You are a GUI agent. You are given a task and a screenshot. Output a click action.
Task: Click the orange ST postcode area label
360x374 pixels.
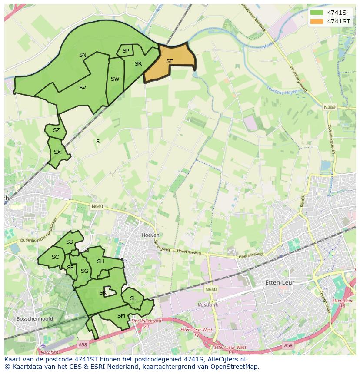(169, 61)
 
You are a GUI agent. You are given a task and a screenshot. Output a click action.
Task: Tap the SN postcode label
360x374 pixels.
(83, 55)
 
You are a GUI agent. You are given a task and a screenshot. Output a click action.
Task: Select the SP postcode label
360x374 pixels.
(126, 51)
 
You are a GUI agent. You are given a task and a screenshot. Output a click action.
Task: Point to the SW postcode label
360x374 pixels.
(115, 79)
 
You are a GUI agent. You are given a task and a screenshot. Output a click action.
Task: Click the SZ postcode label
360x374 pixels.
(57, 130)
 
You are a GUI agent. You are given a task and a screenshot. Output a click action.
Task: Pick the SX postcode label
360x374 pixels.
(57, 152)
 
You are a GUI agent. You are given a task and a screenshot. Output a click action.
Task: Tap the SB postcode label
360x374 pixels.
(70, 242)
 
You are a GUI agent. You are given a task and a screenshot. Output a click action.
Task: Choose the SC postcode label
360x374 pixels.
(55, 257)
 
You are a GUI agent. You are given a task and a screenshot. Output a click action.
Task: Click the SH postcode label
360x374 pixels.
(100, 261)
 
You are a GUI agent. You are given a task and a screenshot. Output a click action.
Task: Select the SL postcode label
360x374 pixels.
(133, 298)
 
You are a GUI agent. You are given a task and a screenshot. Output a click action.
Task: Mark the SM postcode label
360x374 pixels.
(121, 316)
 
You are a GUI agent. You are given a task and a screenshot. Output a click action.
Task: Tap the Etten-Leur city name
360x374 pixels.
(280, 283)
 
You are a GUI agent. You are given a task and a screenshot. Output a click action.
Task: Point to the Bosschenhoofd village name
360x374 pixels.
(34, 319)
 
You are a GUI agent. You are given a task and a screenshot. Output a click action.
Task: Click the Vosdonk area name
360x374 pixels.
(208, 305)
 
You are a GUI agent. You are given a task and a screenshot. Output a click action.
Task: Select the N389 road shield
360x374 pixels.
(330, 106)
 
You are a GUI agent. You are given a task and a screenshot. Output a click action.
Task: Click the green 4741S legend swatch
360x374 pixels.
(317, 13)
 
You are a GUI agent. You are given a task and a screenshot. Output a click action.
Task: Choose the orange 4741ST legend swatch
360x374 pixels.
(317, 21)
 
